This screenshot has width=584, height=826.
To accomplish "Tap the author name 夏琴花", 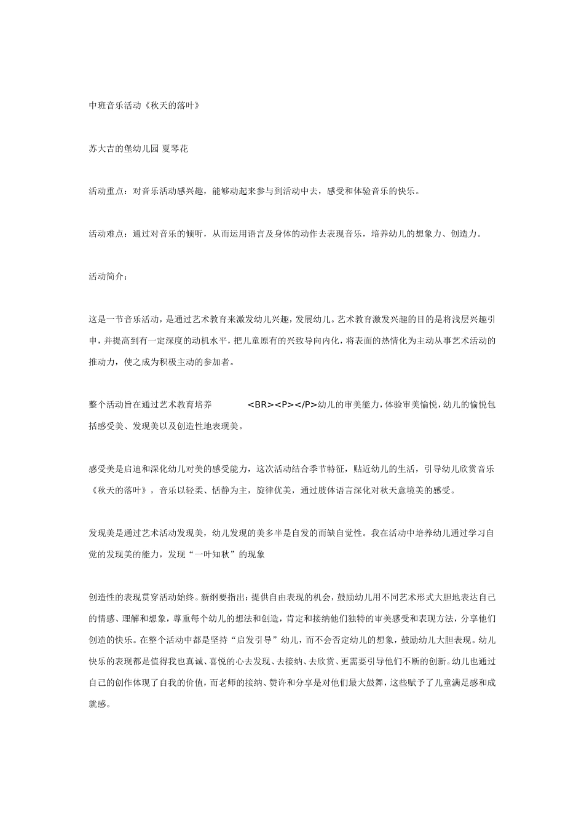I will click(x=175, y=149).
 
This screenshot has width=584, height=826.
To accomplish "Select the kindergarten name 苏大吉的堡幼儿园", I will click(x=124, y=149).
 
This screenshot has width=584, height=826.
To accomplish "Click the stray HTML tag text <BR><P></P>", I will click(x=282, y=404).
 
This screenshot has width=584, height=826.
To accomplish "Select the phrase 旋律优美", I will click(x=272, y=490).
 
